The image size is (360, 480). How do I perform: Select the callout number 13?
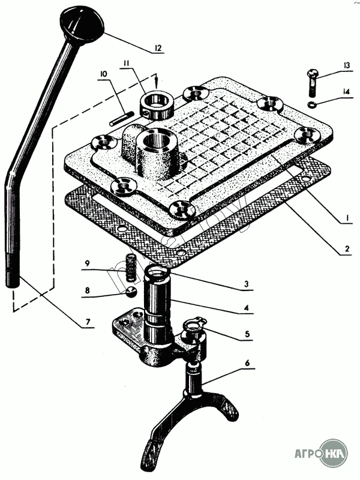pyautogui.click(x=347, y=66)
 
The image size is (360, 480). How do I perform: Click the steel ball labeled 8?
pyautogui.click(x=131, y=291)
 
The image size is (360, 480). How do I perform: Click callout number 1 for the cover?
pyautogui.click(x=344, y=219)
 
